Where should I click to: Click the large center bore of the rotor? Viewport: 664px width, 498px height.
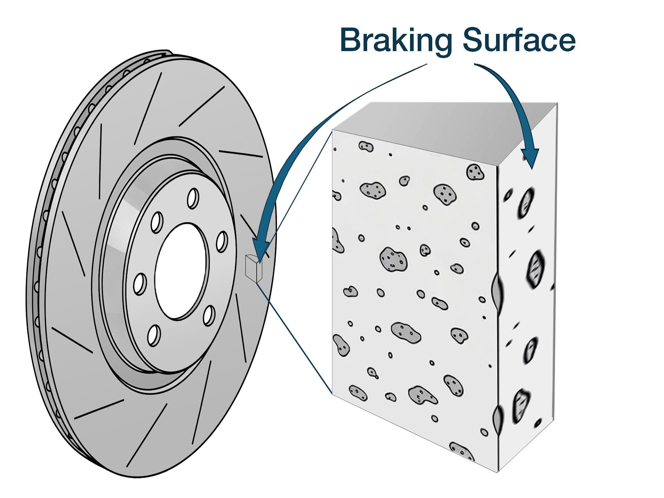(x=182, y=271)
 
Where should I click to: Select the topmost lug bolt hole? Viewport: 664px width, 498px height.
(x=193, y=199)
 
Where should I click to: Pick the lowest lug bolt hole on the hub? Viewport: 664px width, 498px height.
(x=154, y=335)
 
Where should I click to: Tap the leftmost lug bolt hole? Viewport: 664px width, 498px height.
(x=140, y=284)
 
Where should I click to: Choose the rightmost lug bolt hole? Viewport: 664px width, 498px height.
(x=222, y=242)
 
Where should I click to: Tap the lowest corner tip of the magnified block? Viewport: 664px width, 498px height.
(x=498, y=471)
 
